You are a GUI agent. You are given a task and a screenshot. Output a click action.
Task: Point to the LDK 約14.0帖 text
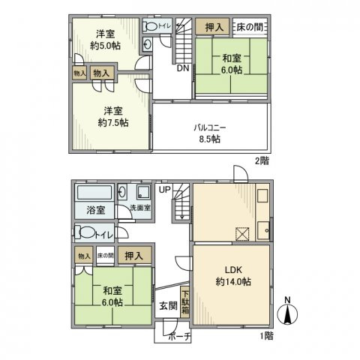229,276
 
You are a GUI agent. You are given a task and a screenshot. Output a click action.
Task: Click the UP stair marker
163,188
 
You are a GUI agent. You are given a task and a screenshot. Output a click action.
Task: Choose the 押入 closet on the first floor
133,256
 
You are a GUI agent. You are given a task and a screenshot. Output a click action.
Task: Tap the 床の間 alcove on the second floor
250,27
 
